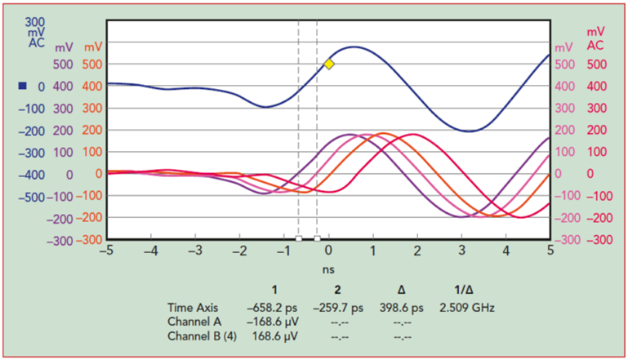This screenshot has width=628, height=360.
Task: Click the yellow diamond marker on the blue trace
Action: coord(329,64)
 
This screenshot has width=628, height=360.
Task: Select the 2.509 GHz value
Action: coord(467,308)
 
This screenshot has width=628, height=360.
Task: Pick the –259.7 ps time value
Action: coord(336,308)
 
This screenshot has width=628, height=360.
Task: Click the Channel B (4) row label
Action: coord(201,336)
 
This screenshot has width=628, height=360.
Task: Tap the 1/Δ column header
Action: coord(463,291)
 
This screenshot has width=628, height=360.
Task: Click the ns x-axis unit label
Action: coord(329,267)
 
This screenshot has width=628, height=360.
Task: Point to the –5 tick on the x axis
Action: coord(105,251)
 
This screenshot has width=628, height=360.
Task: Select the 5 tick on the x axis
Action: coord(550,251)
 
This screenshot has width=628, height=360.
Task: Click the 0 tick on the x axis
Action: coord(329,251)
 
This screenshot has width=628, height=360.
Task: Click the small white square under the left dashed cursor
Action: coord(299,238)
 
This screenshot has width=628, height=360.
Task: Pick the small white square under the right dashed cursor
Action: coord(317,238)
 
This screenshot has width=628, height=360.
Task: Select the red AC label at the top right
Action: coord(595,44)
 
